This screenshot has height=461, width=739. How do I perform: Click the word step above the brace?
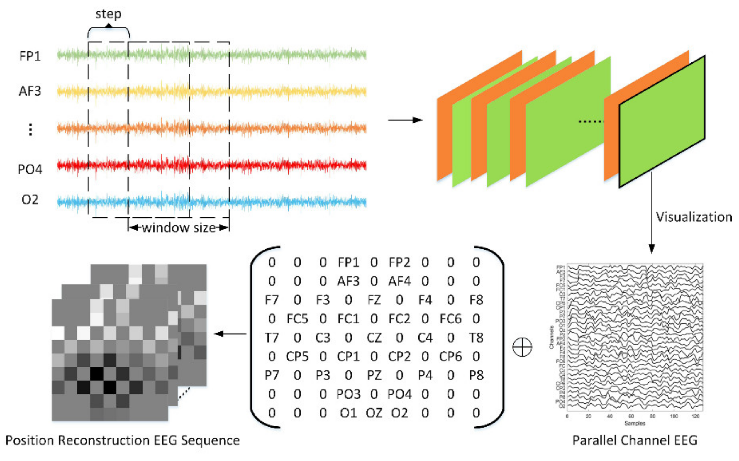click(x=108, y=14)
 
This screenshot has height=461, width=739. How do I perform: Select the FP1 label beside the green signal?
click(x=30, y=56)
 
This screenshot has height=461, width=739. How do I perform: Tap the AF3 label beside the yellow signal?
click(x=30, y=91)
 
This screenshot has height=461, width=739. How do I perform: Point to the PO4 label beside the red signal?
click(x=30, y=169)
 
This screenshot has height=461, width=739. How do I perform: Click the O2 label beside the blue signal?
click(x=30, y=200)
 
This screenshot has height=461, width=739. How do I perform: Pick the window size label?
click(x=179, y=228)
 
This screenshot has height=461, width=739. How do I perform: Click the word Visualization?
click(x=694, y=217)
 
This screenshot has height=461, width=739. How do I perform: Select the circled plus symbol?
click(x=522, y=347)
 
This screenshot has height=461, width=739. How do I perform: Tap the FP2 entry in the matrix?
click(x=399, y=262)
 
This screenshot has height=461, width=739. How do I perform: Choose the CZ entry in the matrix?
click(x=374, y=338)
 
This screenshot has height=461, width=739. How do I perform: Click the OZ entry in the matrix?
click(x=374, y=413)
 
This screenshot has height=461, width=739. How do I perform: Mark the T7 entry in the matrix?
click(x=272, y=338)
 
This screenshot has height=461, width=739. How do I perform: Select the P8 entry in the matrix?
click(x=476, y=375)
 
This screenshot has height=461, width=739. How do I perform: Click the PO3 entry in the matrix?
click(x=348, y=394)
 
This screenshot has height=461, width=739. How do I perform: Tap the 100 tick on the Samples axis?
click(x=674, y=416)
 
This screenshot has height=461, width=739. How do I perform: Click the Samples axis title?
click(x=635, y=423)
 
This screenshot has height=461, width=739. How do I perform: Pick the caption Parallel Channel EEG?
click(x=635, y=440)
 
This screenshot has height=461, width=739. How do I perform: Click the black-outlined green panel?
click(x=662, y=122)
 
